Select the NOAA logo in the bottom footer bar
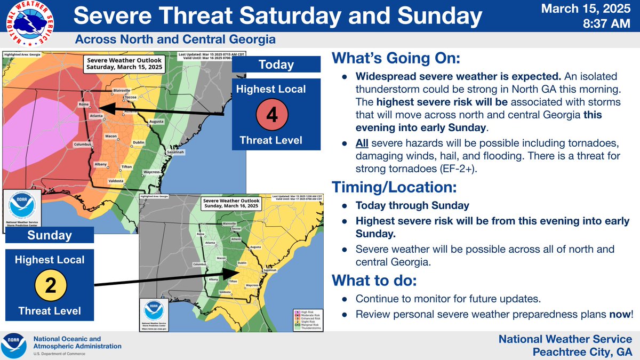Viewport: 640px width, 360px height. pyautogui.click(x=14, y=346)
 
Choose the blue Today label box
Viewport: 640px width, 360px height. pyautogui.click(x=276, y=65)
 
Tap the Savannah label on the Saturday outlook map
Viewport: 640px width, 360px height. pyautogui.click(x=175, y=153)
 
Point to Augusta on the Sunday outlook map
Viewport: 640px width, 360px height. pyautogui.click(x=256, y=247)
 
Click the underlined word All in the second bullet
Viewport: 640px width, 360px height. pyautogui.click(x=363, y=145)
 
